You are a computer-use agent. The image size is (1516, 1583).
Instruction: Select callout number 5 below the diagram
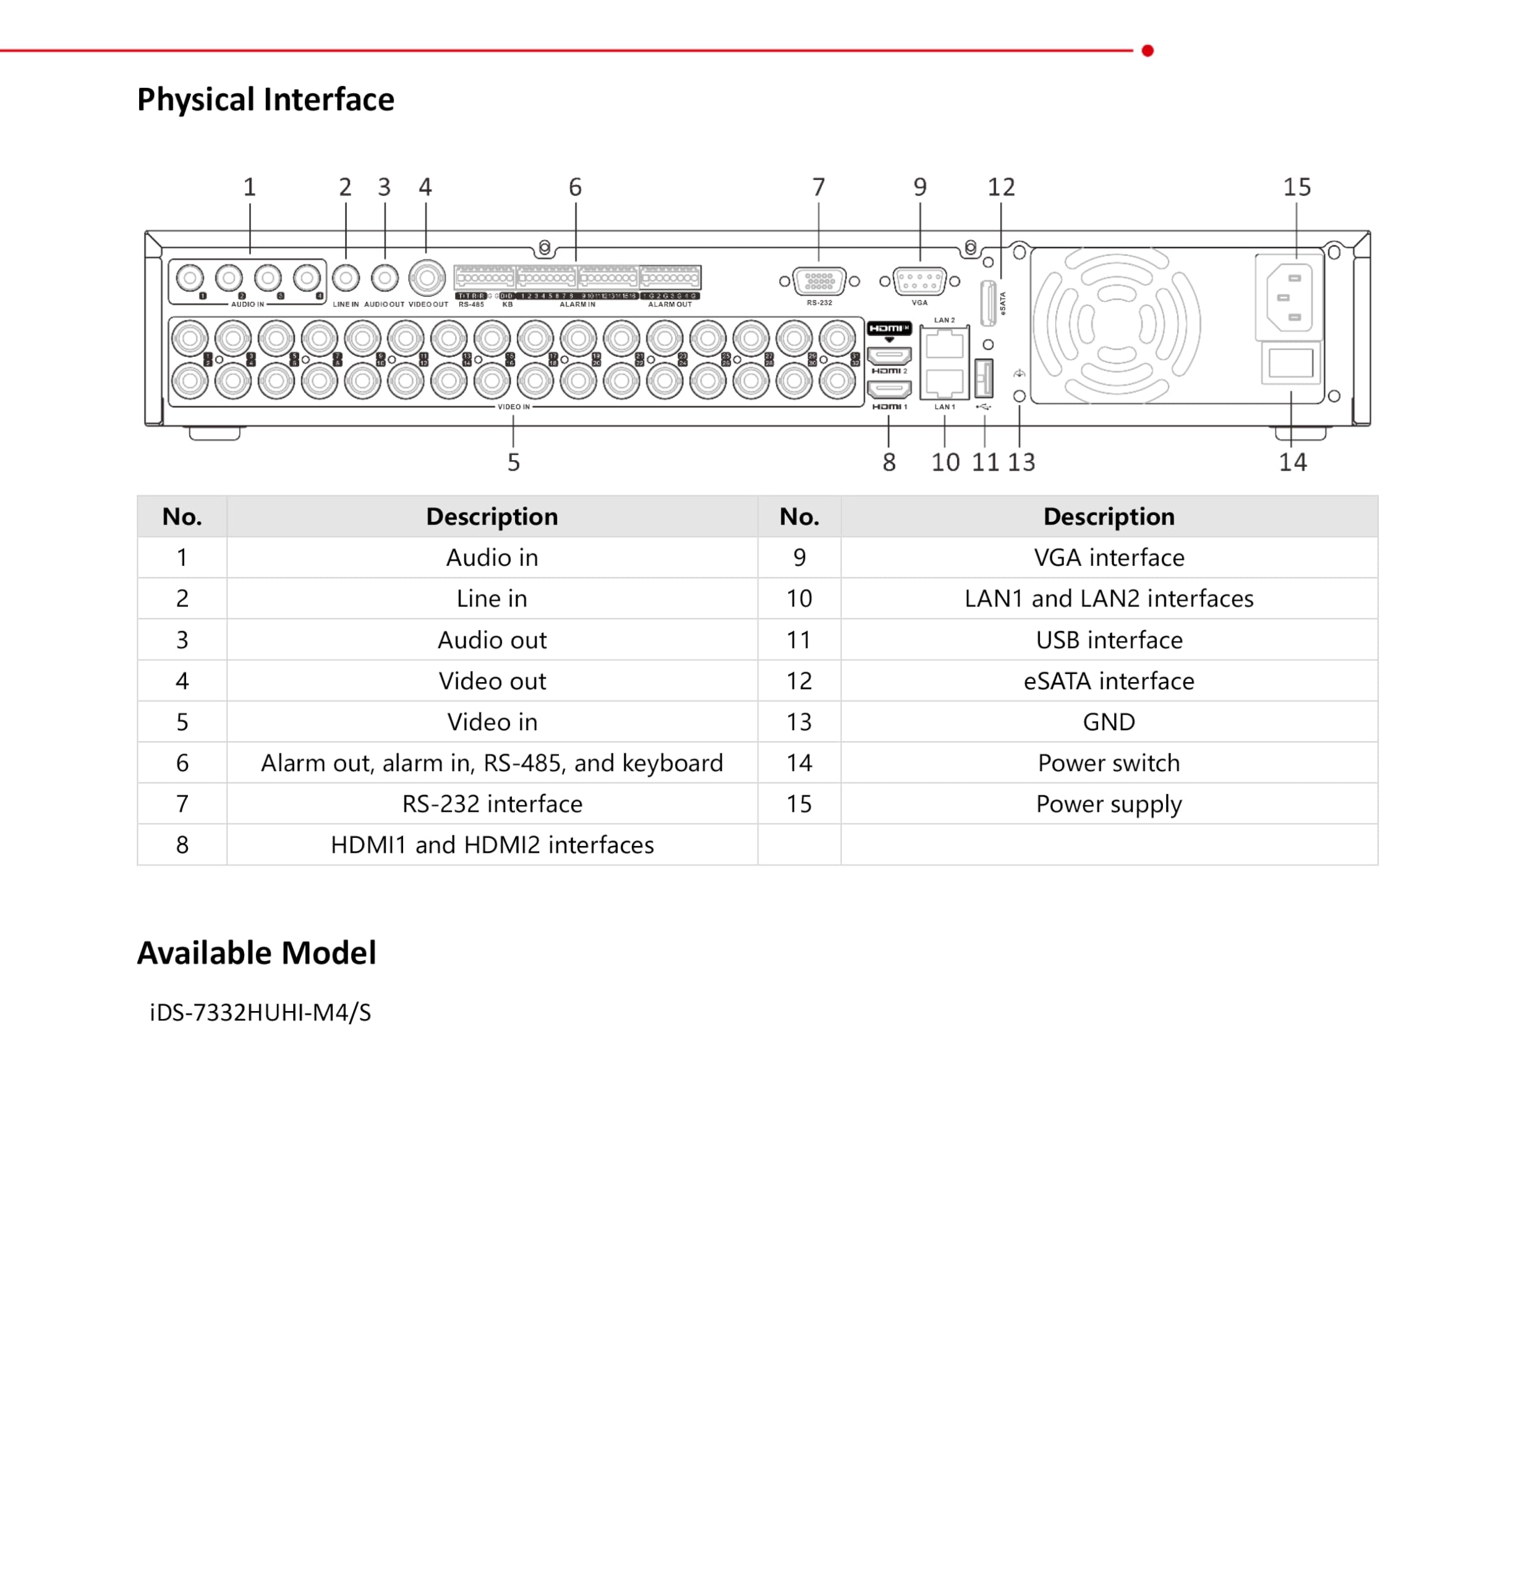(513, 462)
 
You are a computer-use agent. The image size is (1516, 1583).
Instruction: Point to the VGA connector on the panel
(919, 281)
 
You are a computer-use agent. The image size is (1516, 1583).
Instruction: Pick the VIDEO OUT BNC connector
(427, 279)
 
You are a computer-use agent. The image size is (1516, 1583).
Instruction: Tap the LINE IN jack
(346, 279)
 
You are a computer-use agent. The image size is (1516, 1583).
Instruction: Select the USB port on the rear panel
(984, 377)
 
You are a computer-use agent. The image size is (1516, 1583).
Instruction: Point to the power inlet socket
(1289, 297)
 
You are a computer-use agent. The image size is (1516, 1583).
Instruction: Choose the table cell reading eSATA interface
(1108, 681)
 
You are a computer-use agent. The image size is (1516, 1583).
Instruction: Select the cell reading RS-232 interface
(492, 804)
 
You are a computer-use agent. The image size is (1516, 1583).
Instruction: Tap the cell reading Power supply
(1108, 804)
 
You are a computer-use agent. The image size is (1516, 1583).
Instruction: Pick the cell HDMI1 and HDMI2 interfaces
(492, 845)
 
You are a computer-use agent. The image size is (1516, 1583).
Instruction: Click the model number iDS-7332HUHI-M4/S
(260, 1012)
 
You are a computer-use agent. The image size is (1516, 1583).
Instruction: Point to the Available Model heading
(256, 953)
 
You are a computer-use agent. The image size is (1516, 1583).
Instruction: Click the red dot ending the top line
(1147, 51)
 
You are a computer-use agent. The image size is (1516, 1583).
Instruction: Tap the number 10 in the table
(799, 599)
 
